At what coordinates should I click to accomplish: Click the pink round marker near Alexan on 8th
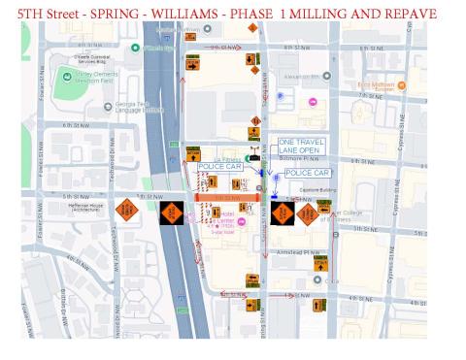click(x=313, y=102)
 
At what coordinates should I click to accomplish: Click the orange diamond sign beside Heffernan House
click(x=125, y=209)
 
